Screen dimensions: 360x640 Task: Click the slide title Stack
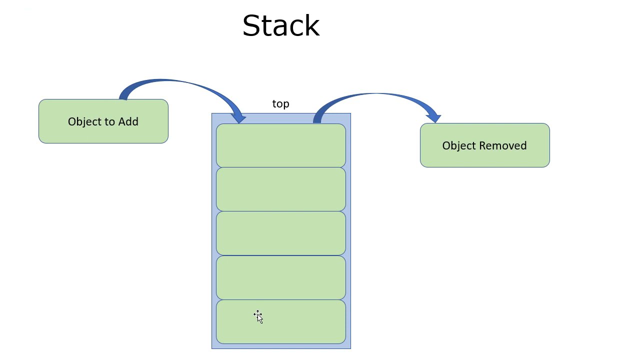click(x=280, y=26)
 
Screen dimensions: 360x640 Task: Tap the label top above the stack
click(x=280, y=104)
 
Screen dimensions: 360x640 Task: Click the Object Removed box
click(x=484, y=158)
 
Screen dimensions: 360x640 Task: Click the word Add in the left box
click(x=128, y=121)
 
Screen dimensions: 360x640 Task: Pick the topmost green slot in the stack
click(x=280, y=145)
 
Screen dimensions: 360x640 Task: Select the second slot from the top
click(x=280, y=189)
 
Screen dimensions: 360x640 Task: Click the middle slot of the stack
click(x=280, y=233)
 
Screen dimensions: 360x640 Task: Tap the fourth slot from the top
click(x=280, y=277)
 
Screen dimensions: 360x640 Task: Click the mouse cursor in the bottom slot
click(x=258, y=316)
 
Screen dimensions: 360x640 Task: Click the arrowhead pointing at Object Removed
click(x=434, y=117)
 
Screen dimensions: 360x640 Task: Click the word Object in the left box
click(x=83, y=121)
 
